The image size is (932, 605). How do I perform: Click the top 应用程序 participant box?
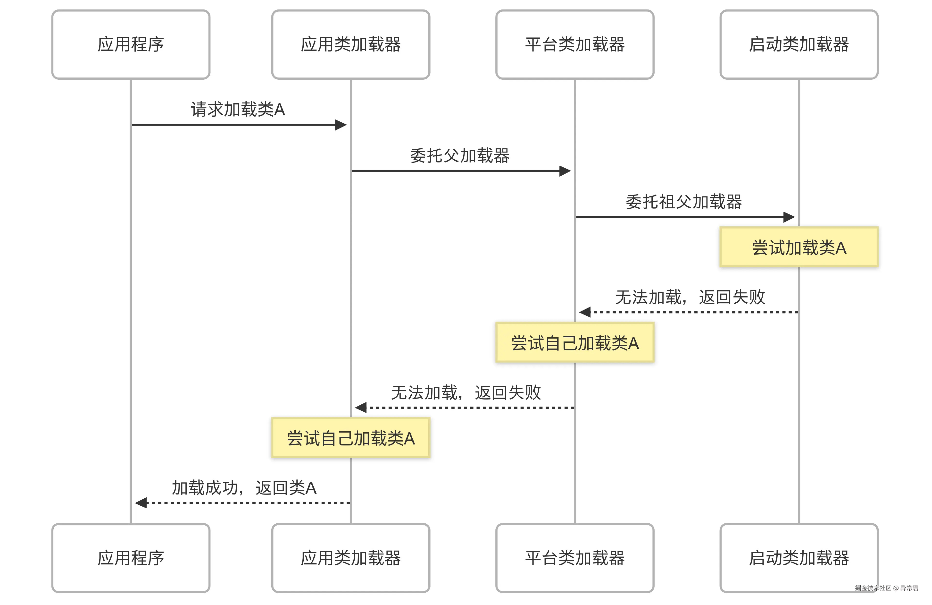[x=131, y=44]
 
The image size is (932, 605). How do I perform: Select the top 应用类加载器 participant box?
[x=350, y=44]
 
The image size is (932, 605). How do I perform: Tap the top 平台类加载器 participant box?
[x=574, y=44]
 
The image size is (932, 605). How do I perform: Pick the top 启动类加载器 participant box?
[x=799, y=44]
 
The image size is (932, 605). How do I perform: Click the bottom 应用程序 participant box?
[x=131, y=558]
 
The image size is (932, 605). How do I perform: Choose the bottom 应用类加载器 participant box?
[x=350, y=558]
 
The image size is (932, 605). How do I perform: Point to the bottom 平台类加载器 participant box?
[x=574, y=558]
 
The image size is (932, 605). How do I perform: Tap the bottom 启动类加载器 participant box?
[x=799, y=558]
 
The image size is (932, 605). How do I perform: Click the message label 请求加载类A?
[x=238, y=109]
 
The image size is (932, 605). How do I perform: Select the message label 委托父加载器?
[x=459, y=155]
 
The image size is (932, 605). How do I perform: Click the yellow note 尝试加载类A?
[x=799, y=247]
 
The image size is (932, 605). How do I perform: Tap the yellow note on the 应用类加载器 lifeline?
[x=350, y=438]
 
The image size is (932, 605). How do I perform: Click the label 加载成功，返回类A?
[x=244, y=488]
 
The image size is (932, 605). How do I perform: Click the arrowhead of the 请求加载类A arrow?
[x=341, y=125]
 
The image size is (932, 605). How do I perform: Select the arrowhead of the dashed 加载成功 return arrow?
[x=141, y=503]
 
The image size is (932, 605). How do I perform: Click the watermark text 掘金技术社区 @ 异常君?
[x=886, y=588]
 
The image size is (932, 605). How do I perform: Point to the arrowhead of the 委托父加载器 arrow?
[x=565, y=171]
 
